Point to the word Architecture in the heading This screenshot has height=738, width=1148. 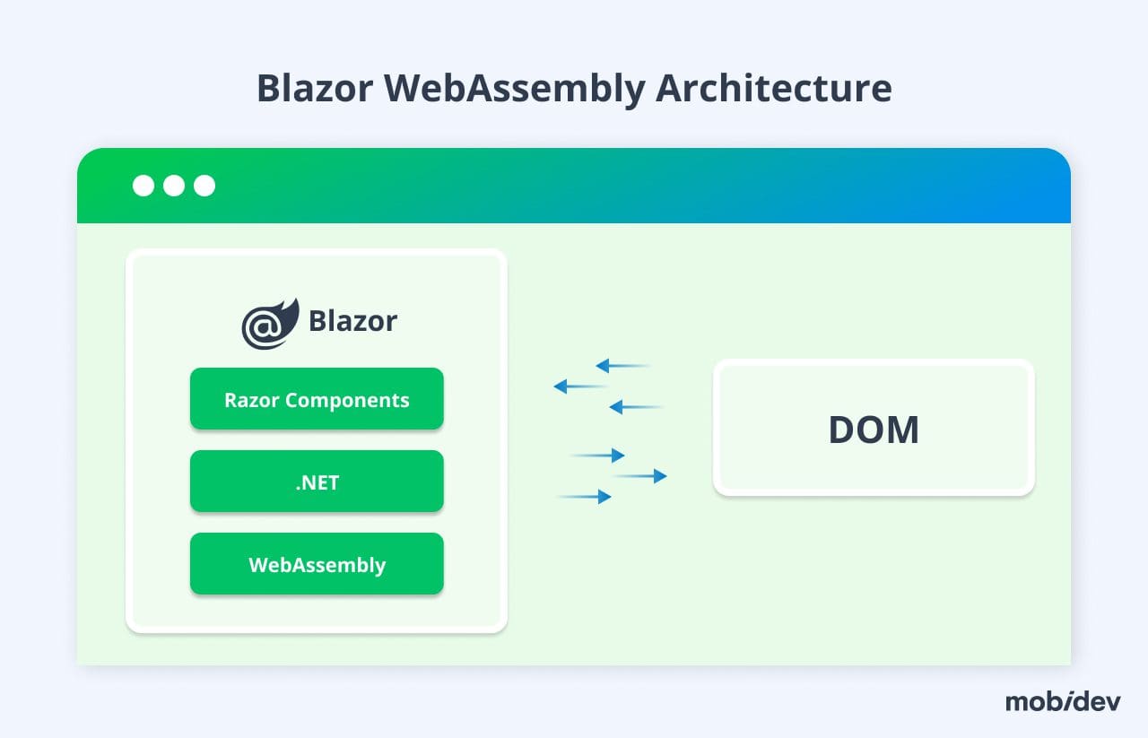click(773, 89)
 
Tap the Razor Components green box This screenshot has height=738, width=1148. click(317, 399)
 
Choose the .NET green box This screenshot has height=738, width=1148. click(317, 482)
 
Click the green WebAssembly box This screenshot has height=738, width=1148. click(317, 564)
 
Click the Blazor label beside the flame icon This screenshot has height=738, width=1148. click(352, 321)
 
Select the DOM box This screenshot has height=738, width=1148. click(874, 429)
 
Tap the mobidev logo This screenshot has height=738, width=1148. click(1063, 701)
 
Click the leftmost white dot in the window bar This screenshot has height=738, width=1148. click(143, 186)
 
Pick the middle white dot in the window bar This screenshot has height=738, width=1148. click(174, 186)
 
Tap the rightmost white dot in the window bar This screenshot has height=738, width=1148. click(204, 186)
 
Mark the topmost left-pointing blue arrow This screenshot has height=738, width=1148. click(622, 366)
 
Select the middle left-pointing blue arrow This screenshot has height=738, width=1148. click(581, 386)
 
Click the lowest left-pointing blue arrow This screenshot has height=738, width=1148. click(636, 407)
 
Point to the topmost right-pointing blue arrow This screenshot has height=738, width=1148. click(597, 456)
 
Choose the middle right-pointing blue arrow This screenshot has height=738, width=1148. click(640, 476)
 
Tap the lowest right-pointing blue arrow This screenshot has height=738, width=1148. click(585, 496)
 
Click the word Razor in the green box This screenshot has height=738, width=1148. click(251, 400)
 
